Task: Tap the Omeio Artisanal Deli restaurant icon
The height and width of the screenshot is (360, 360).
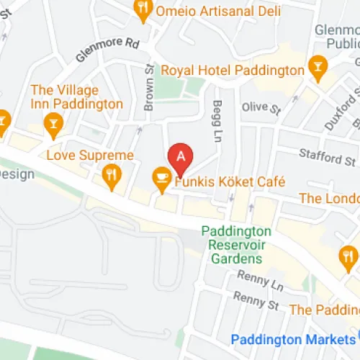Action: tap(143, 9)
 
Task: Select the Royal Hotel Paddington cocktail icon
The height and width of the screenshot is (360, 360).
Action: tap(316, 68)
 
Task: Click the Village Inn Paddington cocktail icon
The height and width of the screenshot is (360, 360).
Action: tap(52, 125)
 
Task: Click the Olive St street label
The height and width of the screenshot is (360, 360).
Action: tap(261, 108)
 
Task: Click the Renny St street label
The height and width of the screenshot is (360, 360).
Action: tap(255, 300)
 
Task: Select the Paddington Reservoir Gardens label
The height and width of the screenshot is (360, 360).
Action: tap(235, 245)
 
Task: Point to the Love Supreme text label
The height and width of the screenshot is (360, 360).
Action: tap(90, 156)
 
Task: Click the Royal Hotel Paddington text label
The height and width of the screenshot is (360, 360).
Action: tap(233, 71)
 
